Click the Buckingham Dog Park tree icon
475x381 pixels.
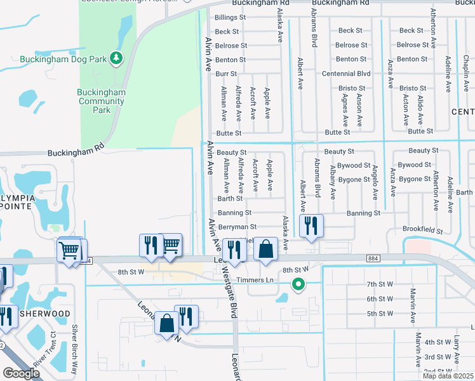tap(116, 58)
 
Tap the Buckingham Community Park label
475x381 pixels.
tap(102, 101)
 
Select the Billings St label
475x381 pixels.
tap(230, 18)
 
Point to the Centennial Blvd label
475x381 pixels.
tap(345, 74)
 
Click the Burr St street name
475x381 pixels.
tap(226, 74)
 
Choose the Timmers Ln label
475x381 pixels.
tap(255, 280)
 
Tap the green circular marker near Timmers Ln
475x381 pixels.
tap(297, 285)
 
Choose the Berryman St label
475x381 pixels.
tap(237, 227)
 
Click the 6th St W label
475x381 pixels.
tap(380, 299)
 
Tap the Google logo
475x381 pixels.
tap(21, 373)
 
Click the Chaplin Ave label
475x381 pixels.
tap(466, 73)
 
